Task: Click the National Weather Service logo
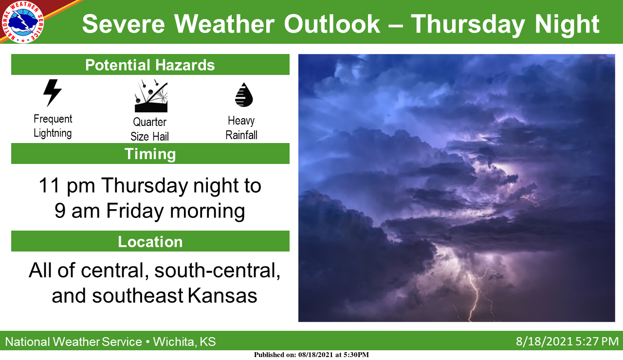pyautogui.click(x=23, y=22)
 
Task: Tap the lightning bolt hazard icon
pyautogui.click(x=52, y=93)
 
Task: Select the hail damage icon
pyautogui.click(x=151, y=96)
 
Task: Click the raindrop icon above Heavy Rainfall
pyautogui.click(x=244, y=95)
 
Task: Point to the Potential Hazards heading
pyautogui.click(x=150, y=65)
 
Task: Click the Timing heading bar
pyautogui.click(x=150, y=153)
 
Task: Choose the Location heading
pyautogui.click(x=150, y=241)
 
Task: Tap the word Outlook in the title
pyautogui.click(x=332, y=24)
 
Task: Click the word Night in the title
pyautogui.click(x=567, y=25)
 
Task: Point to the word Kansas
pyautogui.click(x=222, y=295)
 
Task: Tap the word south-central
pyautogui.click(x=217, y=270)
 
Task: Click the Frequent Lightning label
pyautogui.click(x=53, y=126)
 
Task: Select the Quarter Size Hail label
pyautogui.click(x=149, y=129)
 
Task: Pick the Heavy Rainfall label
pyautogui.click(x=241, y=128)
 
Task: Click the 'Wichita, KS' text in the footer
pyautogui.click(x=184, y=342)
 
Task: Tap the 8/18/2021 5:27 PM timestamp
pyautogui.click(x=567, y=342)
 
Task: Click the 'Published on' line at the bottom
pyautogui.click(x=311, y=355)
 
